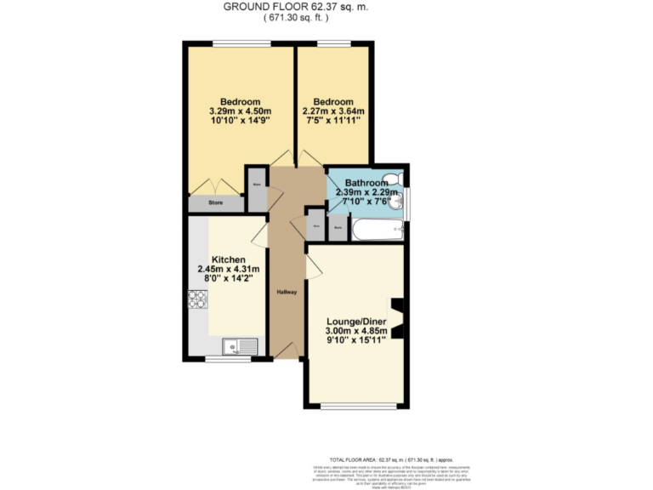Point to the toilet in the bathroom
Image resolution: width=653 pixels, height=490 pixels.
(x=394, y=180)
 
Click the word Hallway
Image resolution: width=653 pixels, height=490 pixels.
(x=287, y=292)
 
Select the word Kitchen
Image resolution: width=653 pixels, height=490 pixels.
(x=229, y=259)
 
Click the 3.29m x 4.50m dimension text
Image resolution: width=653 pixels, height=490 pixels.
(x=240, y=111)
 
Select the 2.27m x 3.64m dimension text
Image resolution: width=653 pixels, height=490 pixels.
(x=333, y=111)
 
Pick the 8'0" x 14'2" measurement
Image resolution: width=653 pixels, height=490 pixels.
(x=229, y=282)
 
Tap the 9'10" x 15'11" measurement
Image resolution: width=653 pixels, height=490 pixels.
(x=356, y=341)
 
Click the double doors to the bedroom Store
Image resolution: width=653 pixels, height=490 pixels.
(x=210, y=185)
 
